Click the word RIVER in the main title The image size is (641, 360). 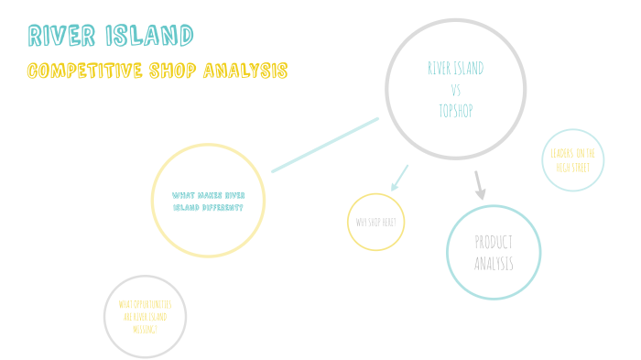[x=61, y=36]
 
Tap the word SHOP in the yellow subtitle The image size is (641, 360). [x=172, y=71]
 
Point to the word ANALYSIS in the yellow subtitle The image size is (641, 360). [x=245, y=71]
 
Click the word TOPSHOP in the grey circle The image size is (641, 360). [x=456, y=110]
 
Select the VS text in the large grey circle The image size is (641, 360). [x=456, y=90]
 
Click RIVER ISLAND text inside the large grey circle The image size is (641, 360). [x=456, y=69]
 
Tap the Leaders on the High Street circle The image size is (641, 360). [x=573, y=160]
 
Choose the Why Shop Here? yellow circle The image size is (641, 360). [x=375, y=222]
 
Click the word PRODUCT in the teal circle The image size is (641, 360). [x=494, y=243]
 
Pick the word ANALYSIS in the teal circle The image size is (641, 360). [x=494, y=264]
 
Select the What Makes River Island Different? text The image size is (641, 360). [x=208, y=201]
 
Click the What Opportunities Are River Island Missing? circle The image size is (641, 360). [x=146, y=315]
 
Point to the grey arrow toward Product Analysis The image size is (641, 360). [x=479, y=185]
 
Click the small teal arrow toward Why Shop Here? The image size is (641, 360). [x=398, y=178]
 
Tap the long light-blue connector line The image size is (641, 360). [x=325, y=144]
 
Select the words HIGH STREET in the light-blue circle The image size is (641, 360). [x=573, y=168]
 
